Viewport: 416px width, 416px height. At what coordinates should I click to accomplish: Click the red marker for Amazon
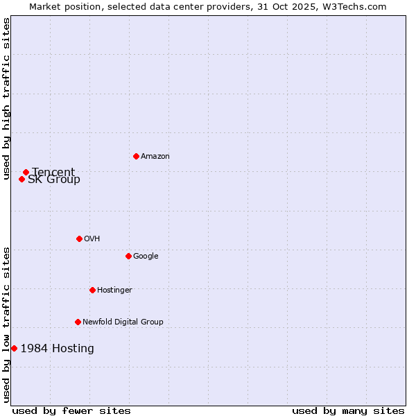point(136,156)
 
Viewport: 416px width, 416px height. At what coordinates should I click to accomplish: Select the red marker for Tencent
point(26,172)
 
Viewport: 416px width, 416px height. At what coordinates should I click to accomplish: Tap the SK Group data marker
point(21,179)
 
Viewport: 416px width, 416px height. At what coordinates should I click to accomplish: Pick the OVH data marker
point(79,239)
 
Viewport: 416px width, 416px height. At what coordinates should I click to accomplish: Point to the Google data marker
point(128,256)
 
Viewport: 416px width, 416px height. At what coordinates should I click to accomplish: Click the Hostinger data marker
point(92,290)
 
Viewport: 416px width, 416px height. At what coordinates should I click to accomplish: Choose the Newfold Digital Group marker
point(78,322)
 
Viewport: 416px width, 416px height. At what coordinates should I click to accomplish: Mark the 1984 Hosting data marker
point(14,348)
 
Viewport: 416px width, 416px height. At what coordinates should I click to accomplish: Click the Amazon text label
point(155,157)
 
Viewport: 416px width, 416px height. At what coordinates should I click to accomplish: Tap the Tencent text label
point(53,172)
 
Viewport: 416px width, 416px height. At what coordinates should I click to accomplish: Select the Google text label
point(146,257)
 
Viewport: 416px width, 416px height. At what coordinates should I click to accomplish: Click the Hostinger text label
point(114,291)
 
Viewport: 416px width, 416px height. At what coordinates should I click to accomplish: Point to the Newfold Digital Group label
point(123,322)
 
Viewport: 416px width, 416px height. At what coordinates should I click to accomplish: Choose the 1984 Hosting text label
point(57,349)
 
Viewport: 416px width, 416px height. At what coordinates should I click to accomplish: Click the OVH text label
point(92,239)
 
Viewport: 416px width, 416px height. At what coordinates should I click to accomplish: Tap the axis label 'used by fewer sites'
point(71,411)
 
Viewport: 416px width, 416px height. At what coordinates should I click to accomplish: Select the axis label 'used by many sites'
point(348,411)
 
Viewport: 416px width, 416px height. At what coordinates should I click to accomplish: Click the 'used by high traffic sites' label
point(6,98)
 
